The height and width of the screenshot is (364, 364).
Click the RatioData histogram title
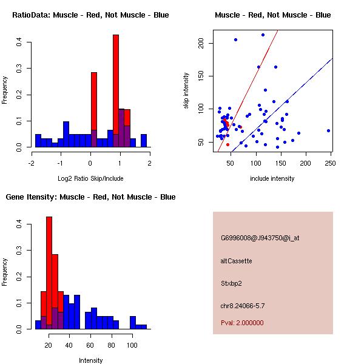[90, 15]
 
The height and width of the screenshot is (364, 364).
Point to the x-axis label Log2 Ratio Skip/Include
[90, 178]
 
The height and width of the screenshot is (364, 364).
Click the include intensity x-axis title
[272, 178]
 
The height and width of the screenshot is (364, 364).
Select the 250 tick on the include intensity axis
[331, 163]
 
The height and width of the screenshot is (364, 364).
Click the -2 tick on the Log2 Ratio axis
[32, 163]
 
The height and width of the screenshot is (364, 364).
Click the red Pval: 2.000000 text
[242, 323]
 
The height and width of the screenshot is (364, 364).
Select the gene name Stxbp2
[232, 283]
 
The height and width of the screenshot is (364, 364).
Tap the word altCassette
[236, 261]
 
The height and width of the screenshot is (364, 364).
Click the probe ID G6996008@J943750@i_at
[260, 238]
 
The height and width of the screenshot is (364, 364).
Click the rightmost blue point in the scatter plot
[328, 130]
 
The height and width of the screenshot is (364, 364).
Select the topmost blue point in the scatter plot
[263, 35]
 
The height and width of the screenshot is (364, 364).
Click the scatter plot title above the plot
[272, 15]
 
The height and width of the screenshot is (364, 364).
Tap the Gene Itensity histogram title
[90, 197]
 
